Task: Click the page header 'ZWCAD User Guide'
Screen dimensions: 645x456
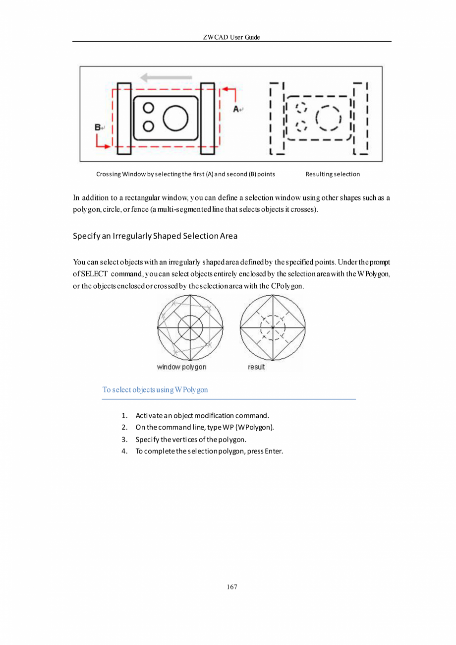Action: pos(231,38)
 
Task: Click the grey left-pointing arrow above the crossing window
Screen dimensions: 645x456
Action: pos(166,77)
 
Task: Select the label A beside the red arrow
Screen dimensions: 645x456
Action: pos(237,108)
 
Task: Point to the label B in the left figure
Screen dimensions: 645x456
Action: pos(98,128)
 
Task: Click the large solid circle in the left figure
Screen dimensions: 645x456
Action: pos(175,118)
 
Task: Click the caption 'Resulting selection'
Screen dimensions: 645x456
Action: pos(333,174)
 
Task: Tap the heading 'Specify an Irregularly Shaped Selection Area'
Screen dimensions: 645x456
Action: pos(155,236)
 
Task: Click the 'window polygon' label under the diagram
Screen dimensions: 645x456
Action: pos(181,367)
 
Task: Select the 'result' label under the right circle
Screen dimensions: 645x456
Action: pos(256,367)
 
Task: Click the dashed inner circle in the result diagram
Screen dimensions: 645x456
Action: pos(273,327)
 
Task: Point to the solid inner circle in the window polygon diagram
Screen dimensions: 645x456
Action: pos(190,327)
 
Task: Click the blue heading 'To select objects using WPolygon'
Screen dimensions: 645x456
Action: pos(155,389)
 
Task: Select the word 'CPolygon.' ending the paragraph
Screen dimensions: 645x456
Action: pos(288,286)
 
